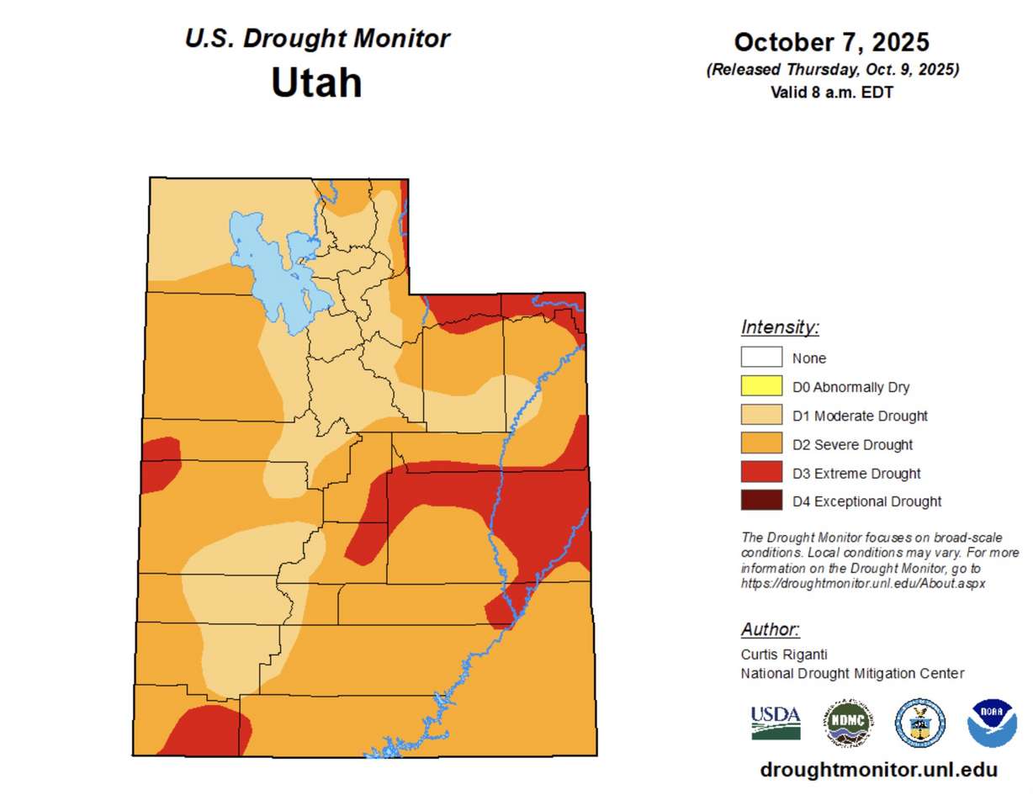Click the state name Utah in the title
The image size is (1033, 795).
[316, 82]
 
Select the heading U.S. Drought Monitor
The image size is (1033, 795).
[317, 39]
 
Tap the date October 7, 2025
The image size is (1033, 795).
[831, 42]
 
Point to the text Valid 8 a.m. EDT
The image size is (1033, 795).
[831, 93]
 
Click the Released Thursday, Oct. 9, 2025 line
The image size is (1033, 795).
[831, 70]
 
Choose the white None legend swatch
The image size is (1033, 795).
[761, 358]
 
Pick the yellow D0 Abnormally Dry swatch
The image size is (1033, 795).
[761, 387]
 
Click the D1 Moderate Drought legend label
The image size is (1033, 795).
[860, 416]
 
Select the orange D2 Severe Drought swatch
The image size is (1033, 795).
[761, 444]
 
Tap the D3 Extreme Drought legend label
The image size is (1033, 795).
[856, 474]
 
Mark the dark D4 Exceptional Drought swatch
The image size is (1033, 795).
[761, 501]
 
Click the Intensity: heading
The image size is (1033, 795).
[780, 327]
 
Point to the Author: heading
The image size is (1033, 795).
[770, 629]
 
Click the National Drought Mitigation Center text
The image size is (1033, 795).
[852, 673]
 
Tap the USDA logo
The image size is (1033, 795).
[775, 722]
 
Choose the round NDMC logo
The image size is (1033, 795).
[847, 723]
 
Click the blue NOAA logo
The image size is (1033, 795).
[992, 723]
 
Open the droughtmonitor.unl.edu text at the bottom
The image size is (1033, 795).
[878, 769]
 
